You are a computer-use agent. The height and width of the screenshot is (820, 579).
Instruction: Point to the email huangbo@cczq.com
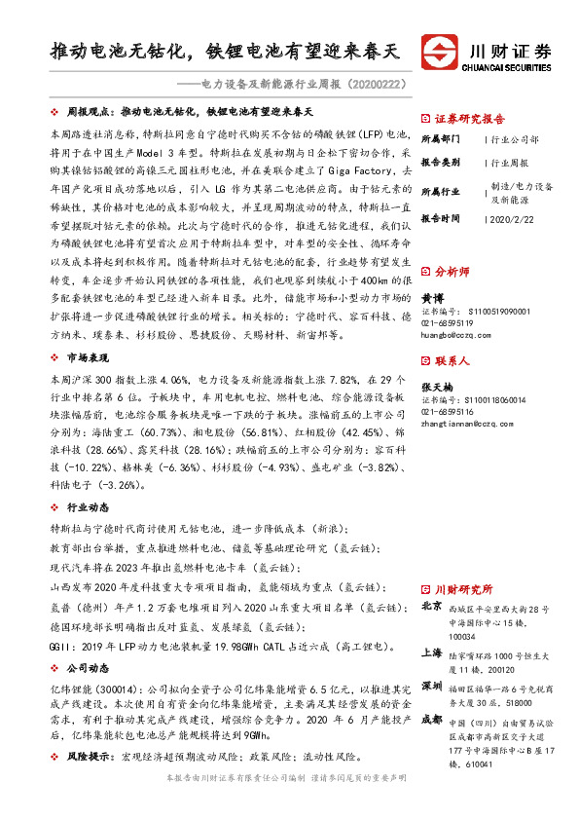click(x=454, y=333)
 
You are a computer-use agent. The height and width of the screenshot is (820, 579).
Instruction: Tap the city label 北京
click(x=431, y=606)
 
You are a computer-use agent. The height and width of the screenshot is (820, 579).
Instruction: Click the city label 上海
click(x=431, y=653)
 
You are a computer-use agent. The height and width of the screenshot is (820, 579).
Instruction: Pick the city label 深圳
click(x=431, y=688)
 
